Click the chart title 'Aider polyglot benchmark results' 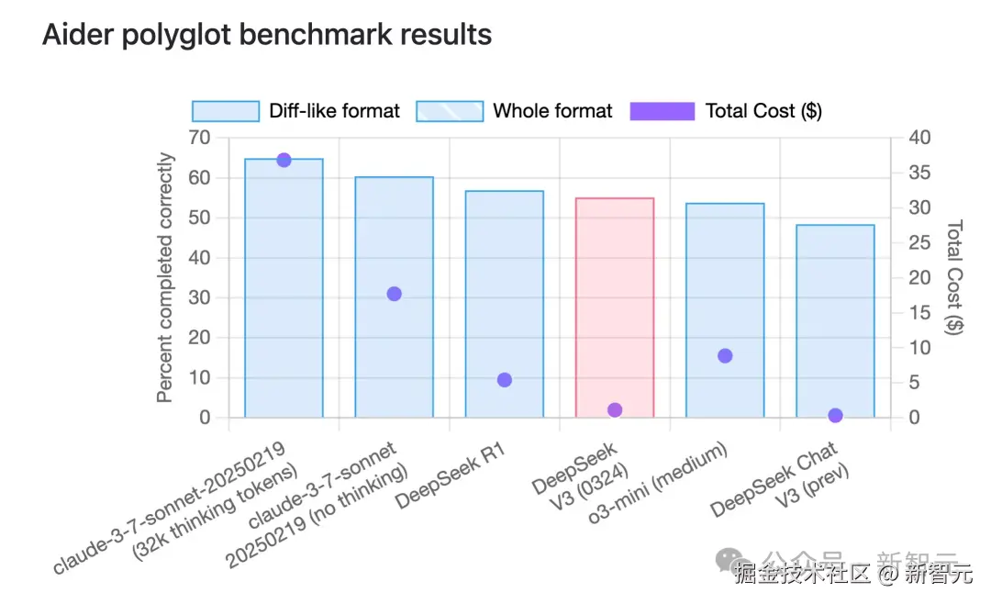267,35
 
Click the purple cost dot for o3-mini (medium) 725,355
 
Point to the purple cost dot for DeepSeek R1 505,379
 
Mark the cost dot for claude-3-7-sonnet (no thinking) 395,294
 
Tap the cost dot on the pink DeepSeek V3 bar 615,409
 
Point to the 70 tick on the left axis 199,138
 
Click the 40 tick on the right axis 919,138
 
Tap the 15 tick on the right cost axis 919,312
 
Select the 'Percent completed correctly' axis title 165,278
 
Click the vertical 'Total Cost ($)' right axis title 954,277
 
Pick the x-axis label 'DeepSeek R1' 451,475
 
